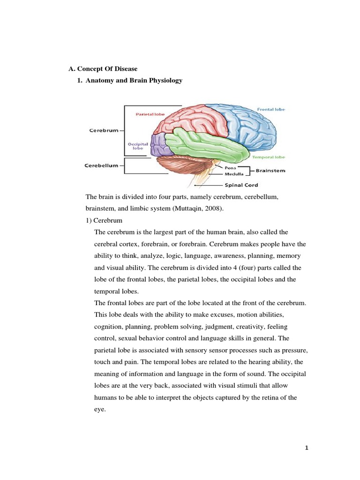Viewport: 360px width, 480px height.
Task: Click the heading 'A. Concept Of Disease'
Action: pos(103,69)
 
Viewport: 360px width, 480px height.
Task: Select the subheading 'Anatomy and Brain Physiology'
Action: pos(134,81)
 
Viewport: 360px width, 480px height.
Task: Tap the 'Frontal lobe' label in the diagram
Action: pos(270,109)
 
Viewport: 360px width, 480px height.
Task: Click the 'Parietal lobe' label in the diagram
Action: pos(150,114)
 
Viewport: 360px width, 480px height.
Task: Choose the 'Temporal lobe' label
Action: pos(269,157)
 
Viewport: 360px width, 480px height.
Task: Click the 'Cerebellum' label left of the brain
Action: pos(101,165)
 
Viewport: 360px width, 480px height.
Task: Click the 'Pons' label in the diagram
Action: pos(230,167)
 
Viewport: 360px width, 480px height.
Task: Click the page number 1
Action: pos(307,448)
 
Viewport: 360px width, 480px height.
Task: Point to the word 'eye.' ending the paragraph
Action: pos(100,409)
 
